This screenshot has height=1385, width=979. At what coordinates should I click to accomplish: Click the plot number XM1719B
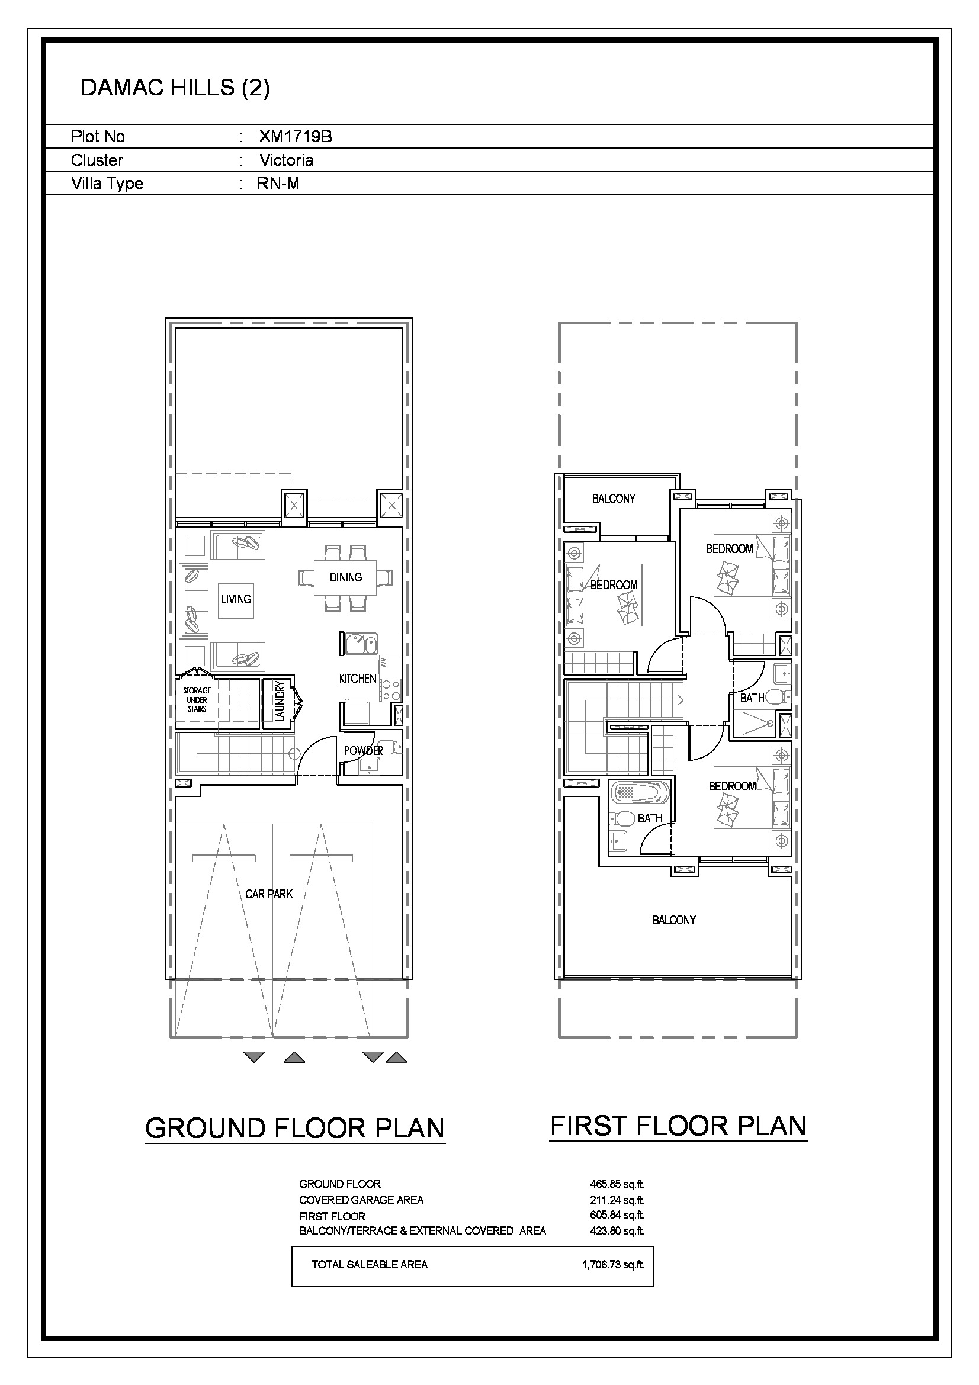point(296,137)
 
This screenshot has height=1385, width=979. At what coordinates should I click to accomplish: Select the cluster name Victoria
point(287,160)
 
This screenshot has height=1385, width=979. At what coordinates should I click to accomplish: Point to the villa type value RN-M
point(278,184)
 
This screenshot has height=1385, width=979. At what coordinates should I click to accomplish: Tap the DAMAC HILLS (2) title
point(175,88)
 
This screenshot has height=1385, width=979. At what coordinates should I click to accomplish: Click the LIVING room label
point(236,599)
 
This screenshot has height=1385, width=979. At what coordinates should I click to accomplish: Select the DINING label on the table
point(346,577)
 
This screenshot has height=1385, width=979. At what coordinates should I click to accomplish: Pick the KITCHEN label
point(358,679)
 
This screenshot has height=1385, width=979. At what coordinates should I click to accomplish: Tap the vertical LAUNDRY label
point(279,701)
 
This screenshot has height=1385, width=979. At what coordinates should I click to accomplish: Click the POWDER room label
point(364,751)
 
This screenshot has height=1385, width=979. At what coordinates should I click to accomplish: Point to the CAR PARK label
point(269,894)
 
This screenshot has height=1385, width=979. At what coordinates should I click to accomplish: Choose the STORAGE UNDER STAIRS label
point(197,700)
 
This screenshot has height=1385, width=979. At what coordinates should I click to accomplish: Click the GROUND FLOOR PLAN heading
point(295,1128)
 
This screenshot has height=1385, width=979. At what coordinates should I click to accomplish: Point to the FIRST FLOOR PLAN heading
point(678,1126)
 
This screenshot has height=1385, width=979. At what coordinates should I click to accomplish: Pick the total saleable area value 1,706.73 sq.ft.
point(614,1265)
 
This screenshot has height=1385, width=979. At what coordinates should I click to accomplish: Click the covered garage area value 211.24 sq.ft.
point(618,1200)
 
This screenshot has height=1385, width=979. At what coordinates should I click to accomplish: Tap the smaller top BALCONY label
point(614,498)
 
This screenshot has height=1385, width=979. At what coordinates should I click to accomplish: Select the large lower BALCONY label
point(675,920)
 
